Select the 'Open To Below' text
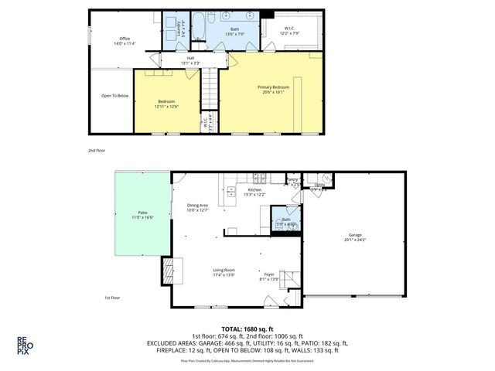[x=114, y=96]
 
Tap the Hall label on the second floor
[x=190, y=58]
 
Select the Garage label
[x=355, y=235]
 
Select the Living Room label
[x=224, y=270]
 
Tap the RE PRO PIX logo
[x=25, y=344]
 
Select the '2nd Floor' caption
[x=97, y=151]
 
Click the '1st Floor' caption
[x=113, y=298]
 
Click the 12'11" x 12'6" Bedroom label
[x=167, y=103]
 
